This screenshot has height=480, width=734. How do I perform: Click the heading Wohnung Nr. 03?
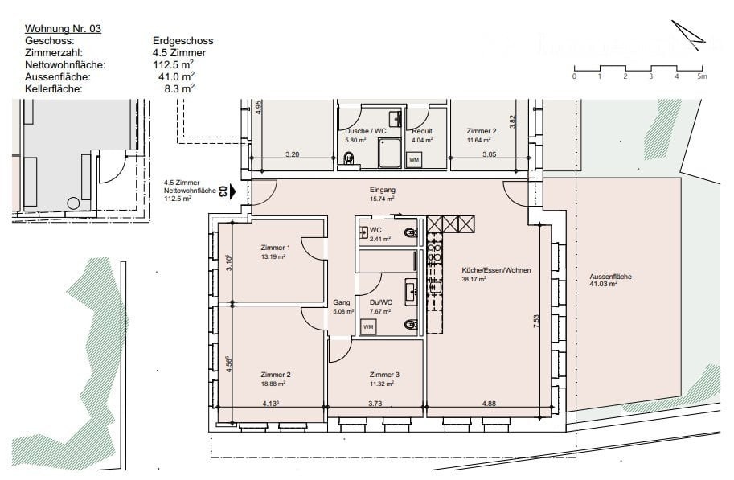[x=63, y=29]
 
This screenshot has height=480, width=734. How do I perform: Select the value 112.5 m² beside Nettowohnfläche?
[x=173, y=64]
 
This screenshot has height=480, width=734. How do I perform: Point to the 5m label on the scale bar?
[x=702, y=76]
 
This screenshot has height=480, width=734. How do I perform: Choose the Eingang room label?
[x=383, y=190]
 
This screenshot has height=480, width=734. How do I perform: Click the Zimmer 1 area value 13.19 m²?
[x=273, y=256]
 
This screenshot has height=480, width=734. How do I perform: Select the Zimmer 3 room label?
[x=384, y=375]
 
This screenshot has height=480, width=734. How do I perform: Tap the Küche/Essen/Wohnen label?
[x=496, y=270]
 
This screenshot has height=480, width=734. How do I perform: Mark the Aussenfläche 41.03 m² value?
[x=604, y=284]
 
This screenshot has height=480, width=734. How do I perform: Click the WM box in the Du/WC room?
[x=368, y=327]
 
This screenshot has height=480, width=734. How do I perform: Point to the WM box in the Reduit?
[x=414, y=160]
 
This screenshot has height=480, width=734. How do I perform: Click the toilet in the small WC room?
[x=412, y=232]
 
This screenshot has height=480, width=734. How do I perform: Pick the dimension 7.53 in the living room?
[x=536, y=321]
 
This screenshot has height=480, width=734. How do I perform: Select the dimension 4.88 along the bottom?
[x=489, y=403]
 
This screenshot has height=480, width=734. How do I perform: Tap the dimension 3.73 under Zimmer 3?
[x=375, y=403]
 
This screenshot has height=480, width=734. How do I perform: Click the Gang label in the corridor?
[x=341, y=302]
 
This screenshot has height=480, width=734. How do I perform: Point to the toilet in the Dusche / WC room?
[x=349, y=158]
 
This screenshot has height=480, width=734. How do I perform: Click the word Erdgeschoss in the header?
[x=183, y=41]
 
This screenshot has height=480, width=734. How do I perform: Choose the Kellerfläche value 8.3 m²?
[x=179, y=88]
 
